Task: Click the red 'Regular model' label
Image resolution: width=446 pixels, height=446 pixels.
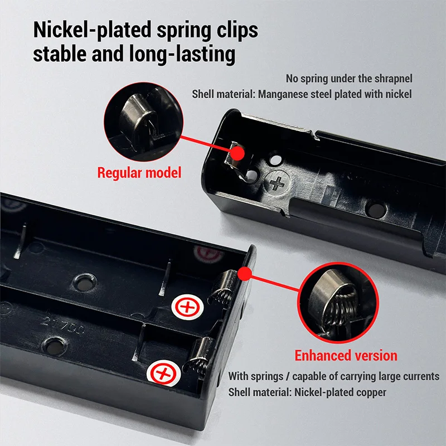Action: tap(139, 173)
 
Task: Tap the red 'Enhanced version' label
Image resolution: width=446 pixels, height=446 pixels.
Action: tap(346, 356)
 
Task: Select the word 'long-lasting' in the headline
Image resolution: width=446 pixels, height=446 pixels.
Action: tap(182, 54)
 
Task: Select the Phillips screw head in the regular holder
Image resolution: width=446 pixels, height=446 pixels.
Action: tap(277, 182)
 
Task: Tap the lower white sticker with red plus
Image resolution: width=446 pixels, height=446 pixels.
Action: tap(163, 373)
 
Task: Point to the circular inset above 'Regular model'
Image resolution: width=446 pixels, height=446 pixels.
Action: tap(144, 122)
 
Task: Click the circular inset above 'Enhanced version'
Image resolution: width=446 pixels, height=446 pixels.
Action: tap(338, 303)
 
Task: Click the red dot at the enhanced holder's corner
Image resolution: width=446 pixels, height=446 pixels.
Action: tap(244, 274)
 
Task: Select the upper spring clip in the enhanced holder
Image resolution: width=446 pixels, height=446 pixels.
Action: tap(222, 288)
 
